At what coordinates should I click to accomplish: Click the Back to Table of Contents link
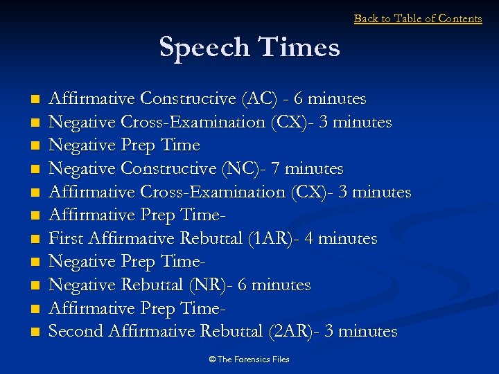(418, 19)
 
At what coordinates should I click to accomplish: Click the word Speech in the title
(204, 47)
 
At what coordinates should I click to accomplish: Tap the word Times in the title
(299, 47)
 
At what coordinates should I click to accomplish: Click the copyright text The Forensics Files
(249, 359)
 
